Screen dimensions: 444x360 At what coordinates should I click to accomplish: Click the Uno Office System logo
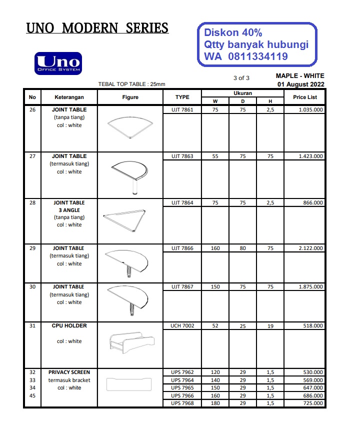[x=58, y=63]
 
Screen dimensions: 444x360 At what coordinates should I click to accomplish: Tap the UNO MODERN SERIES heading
[x=97, y=28]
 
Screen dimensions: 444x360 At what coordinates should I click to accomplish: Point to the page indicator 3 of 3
[x=241, y=78]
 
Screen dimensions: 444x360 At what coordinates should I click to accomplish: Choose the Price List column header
[x=304, y=97]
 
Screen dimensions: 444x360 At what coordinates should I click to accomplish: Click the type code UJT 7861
[x=182, y=109]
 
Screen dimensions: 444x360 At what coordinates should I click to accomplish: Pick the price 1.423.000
[x=310, y=156]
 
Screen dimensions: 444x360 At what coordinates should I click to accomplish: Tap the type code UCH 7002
[x=182, y=326]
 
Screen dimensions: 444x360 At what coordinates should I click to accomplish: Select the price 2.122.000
[x=310, y=248]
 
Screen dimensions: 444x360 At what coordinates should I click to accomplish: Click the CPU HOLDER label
[x=69, y=326]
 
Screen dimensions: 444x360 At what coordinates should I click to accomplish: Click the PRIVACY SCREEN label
[x=69, y=372]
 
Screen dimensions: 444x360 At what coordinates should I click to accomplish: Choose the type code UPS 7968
[x=182, y=403]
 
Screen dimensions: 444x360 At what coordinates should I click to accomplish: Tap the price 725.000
[x=313, y=403]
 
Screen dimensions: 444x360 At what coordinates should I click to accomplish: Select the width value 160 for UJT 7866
[x=215, y=248]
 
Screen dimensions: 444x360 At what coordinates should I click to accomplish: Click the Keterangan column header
[x=69, y=97]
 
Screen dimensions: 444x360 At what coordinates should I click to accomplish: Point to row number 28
[x=32, y=203]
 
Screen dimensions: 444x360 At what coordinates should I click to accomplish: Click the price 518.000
[x=313, y=326]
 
